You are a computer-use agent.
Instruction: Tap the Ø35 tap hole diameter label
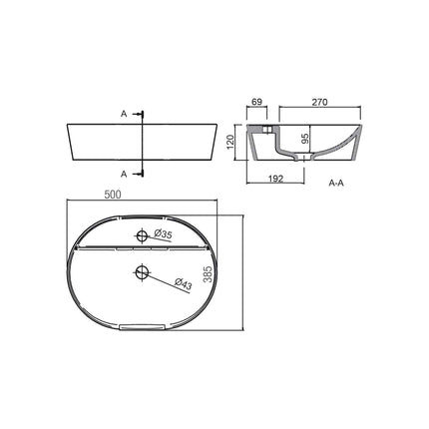coord(163,235)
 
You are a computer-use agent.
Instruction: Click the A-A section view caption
coord(337,185)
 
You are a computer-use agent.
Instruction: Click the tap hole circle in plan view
coord(142,236)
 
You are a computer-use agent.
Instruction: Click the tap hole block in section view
coord(269,130)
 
